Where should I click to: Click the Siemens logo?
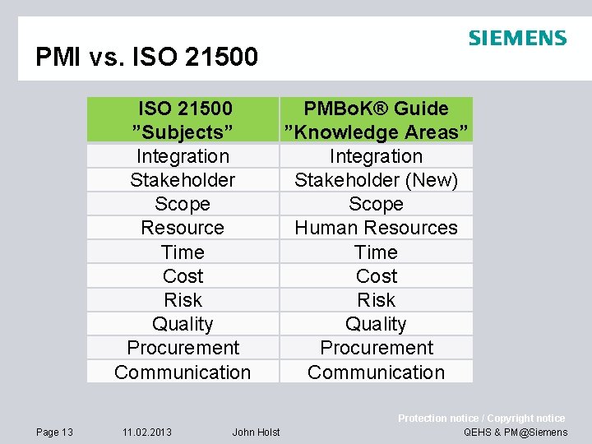(x=517, y=38)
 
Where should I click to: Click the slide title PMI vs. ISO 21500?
(x=146, y=57)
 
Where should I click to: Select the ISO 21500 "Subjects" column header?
(x=183, y=120)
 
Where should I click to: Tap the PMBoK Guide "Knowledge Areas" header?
(x=376, y=120)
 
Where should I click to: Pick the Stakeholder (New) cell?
(x=376, y=180)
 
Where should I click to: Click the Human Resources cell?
(x=376, y=228)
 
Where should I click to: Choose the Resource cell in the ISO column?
(x=183, y=228)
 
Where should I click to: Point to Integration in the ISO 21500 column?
(x=183, y=156)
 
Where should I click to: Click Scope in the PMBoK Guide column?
(x=376, y=204)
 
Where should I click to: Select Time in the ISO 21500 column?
(x=183, y=252)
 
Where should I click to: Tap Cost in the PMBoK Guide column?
(x=376, y=276)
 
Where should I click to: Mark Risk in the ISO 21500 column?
(x=183, y=300)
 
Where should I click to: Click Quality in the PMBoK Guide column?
(x=376, y=324)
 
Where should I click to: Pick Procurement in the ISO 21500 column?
(x=183, y=348)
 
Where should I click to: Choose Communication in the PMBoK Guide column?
(x=376, y=372)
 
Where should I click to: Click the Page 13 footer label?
(x=54, y=432)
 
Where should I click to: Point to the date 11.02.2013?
(x=147, y=432)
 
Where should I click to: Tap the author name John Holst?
(x=256, y=432)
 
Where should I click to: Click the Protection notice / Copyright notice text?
(x=481, y=419)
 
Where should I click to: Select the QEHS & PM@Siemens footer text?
(x=516, y=432)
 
